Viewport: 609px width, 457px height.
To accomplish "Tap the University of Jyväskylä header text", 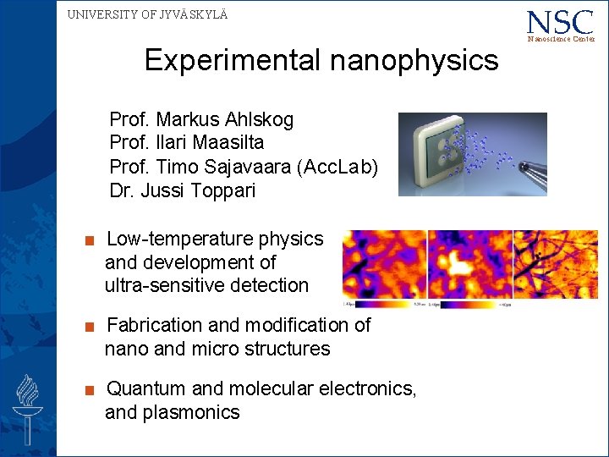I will (147, 14).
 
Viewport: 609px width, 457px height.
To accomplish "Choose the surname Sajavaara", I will (257, 168).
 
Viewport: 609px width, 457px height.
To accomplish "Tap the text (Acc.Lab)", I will (342, 168).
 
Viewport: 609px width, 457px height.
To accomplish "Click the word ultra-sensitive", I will (173, 286).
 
